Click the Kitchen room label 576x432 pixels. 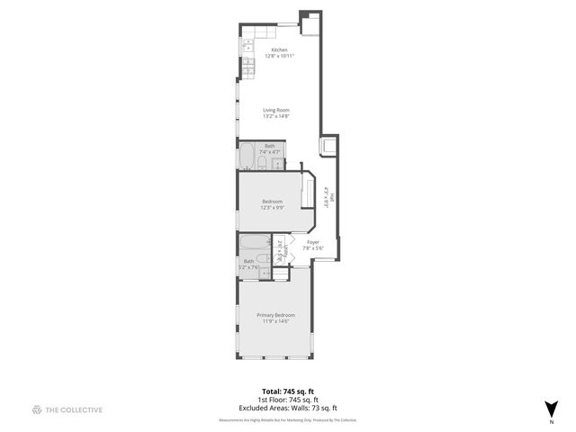279,49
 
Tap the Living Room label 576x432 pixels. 275,110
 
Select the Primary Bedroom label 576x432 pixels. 275,314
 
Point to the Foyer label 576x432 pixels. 313,242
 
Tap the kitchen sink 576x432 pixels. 245,44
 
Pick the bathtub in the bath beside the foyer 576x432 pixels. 249,244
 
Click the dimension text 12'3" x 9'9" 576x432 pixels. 273,207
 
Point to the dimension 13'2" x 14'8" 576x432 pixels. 275,116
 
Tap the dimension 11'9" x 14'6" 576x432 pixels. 275,320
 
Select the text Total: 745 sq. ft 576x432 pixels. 288,391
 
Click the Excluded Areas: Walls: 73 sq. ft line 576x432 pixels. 288,408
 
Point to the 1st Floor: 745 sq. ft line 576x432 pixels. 288,400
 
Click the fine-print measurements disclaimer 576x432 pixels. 288,419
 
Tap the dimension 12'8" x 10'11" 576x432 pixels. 279,56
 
